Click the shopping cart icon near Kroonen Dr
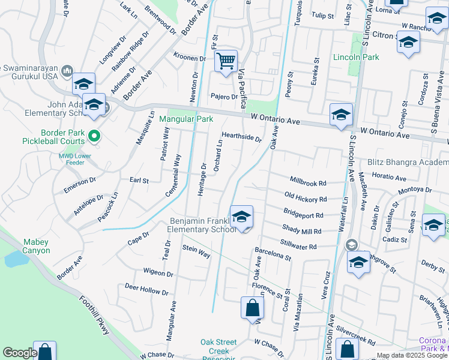226,61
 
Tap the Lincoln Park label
357,57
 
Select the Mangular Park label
186,119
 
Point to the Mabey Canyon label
37,246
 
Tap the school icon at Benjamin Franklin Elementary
241,217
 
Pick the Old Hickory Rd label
306,199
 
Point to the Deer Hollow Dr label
146,290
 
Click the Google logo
20,353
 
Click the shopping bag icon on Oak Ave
252,308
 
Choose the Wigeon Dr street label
158,273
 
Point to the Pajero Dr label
224,96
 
